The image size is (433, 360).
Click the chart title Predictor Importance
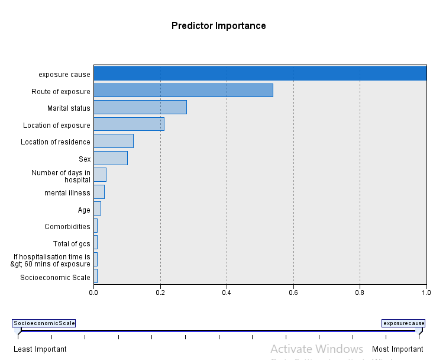218,26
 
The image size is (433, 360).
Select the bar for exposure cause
260,73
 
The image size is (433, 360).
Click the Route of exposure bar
183,91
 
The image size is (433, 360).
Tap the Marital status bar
140,107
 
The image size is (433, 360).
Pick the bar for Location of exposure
128,124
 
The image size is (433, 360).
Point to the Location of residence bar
113,141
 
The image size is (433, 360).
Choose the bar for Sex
110,158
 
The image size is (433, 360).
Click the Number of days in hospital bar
99,175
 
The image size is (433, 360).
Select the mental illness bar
99,192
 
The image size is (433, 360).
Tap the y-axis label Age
84,210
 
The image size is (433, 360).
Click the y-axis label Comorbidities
67,227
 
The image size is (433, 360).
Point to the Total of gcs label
72,244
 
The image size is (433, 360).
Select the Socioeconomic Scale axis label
55,278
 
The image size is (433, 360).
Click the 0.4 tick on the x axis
227,292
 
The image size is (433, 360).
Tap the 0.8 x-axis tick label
360,292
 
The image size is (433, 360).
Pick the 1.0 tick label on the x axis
426,292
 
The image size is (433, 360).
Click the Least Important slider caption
40,349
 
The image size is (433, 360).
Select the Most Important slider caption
398,349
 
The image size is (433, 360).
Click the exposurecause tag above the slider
403,323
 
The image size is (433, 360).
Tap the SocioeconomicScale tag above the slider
44,323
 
